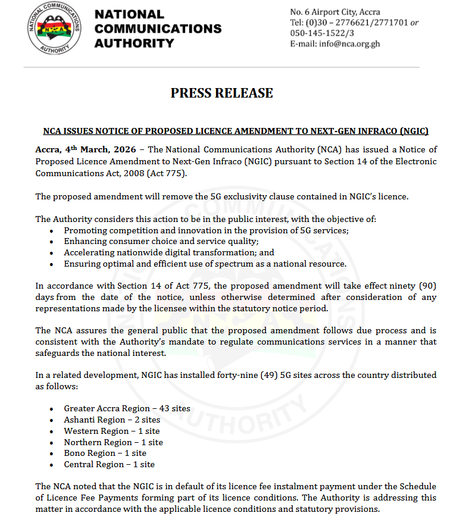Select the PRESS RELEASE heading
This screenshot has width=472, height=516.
(221, 93)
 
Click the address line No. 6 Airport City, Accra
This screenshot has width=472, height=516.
(335, 12)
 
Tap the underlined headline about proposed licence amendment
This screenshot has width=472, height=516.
(236, 131)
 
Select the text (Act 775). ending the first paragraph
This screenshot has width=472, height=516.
(170, 174)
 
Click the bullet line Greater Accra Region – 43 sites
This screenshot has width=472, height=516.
(127, 408)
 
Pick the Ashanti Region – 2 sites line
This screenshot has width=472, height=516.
(112, 420)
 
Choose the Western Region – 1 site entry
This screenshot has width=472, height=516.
(112, 431)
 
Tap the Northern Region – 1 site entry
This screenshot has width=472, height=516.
(113, 442)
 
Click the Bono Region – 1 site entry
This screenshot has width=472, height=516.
(105, 453)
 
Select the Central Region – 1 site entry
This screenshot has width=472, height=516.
(109, 464)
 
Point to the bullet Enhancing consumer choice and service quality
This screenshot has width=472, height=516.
(161, 241)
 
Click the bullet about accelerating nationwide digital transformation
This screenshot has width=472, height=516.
(169, 252)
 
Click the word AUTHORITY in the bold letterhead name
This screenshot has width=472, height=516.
(135, 43)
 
